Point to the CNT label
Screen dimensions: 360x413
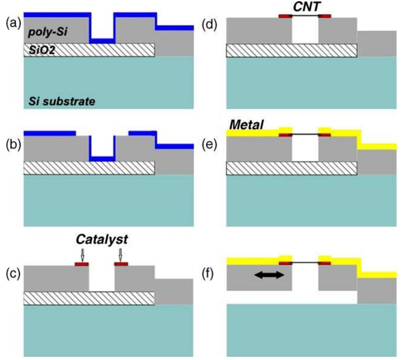click(305, 6)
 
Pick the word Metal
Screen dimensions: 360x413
click(246, 125)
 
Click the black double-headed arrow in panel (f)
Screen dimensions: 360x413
click(270, 275)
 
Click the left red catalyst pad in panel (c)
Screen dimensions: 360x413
click(82, 264)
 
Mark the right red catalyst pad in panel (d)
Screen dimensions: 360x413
click(325, 16)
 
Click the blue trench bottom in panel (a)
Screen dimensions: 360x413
click(101, 41)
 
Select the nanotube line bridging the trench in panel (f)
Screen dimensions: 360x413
click(305, 263)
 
